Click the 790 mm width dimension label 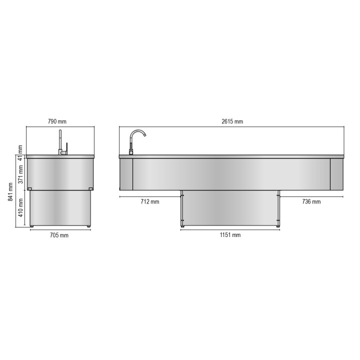point(57,121)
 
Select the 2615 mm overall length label point(232,121)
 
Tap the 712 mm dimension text point(149,201)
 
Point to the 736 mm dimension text point(311,201)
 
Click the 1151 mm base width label point(229,234)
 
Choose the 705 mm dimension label point(60,235)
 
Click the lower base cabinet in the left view point(60,208)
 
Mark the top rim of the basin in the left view point(60,156)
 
